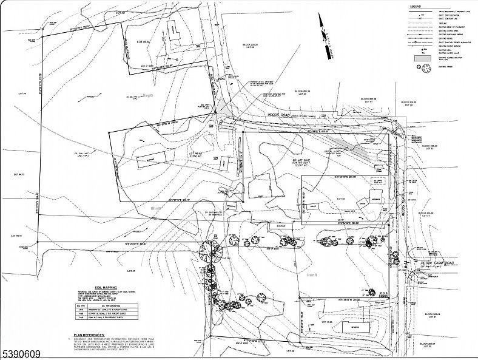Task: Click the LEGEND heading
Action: click(416, 5)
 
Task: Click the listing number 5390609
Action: click(21, 352)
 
